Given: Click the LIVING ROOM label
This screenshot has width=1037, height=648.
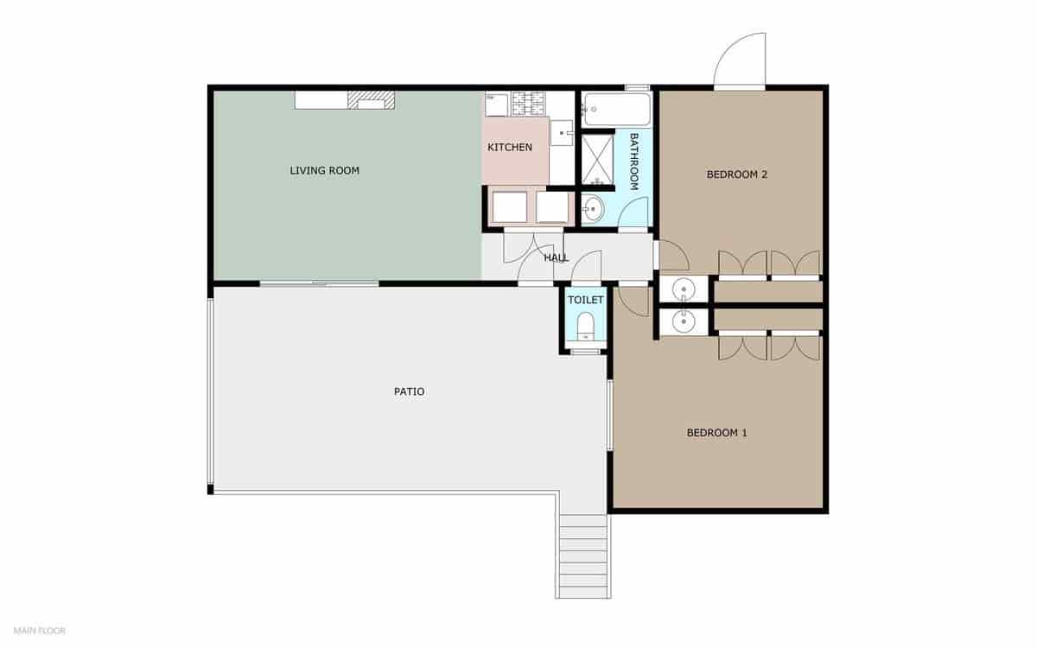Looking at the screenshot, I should pyautogui.click(x=324, y=171).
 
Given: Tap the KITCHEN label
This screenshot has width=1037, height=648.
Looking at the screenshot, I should pyautogui.click(x=510, y=148).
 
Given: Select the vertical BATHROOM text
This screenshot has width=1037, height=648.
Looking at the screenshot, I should pyautogui.click(x=633, y=162).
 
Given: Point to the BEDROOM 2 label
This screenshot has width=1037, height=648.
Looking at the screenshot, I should pyautogui.click(x=737, y=175).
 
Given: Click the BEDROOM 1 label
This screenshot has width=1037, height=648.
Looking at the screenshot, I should pyautogui.click(x=716, y=433).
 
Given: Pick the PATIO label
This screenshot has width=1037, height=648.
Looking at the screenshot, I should pyautogui.click(x=409, y=391).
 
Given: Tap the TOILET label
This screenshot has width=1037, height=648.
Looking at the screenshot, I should pyautogui.click(x=585, y=300).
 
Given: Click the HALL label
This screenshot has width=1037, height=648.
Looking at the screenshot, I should pyautogui.click(x=556, y=257).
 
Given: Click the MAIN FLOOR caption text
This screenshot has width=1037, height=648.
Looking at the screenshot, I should pyautogui.click(x=40, y=631).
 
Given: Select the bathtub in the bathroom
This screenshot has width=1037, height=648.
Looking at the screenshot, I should pyautogui.click(x=615, y=109).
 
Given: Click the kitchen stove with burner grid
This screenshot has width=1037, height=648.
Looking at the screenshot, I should pyautogui.click(x=526, y=104).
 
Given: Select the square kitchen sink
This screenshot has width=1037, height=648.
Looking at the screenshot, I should pyautogui.click(x=563, y=132).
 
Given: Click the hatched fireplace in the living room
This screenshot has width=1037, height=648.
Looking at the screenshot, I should pyautogui.click(x=371, y=101).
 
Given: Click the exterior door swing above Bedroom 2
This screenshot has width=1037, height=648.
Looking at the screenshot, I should pyautogui.click(x=741, y=60).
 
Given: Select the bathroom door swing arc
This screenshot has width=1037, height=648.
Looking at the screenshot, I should pyautogui.click(x=636, y=213).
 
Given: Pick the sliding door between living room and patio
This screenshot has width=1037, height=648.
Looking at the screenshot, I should pyautogui.click(x=319, y=283).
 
